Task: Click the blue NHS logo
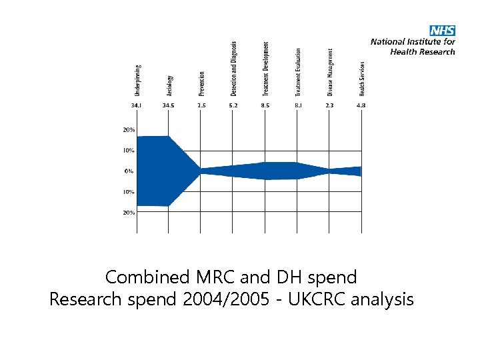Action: [442, 31]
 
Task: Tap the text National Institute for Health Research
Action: [413, 46]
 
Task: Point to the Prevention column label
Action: [201, 83]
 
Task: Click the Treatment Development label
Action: [265, 67]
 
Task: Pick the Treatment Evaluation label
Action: [297, 70]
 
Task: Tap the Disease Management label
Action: [329, 71]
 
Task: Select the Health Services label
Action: [361, 78]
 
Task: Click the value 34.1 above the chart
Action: [136, 105]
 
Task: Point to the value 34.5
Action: [169, 105]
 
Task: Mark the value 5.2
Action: [233, 105]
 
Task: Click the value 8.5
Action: [265, 105]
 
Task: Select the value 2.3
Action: [329, 105]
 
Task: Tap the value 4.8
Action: [361, 105]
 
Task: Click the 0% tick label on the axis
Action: [128, 171]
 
